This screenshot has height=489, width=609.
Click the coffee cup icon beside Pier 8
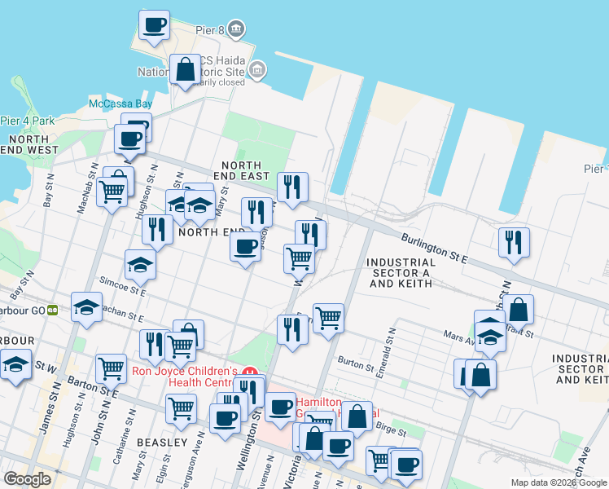(154, 24)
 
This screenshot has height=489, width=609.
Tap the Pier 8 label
(209, 30)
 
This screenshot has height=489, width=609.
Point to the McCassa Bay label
(120, 104)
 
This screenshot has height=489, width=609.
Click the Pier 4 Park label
(27, 121)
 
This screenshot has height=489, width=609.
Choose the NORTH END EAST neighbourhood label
(244, 170)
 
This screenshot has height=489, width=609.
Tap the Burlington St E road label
(435, 248)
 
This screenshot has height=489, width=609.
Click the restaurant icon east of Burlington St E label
(514, 242)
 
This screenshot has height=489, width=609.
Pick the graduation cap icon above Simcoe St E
(140, 263)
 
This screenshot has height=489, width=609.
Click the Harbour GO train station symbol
(52, 310)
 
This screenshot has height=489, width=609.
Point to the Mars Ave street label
(458, 334)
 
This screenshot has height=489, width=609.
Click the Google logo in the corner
(27, 479)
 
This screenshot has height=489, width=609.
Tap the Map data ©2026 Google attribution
(559, 482)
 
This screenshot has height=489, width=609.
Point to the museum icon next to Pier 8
(236, 30)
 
